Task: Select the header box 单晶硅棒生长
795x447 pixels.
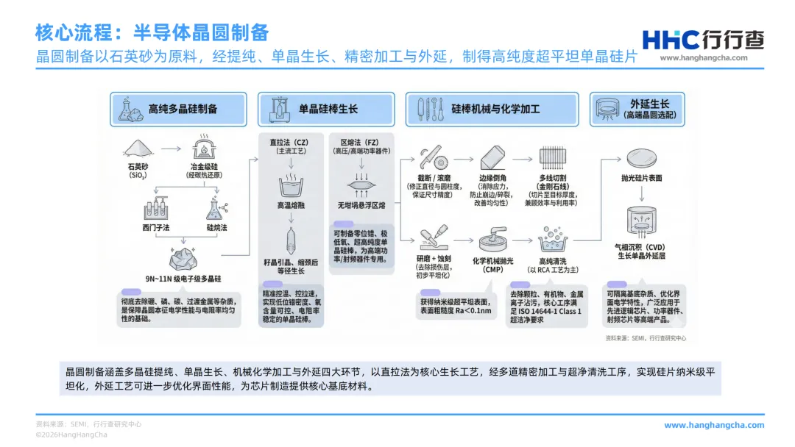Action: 325,109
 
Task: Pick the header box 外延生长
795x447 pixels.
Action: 637,109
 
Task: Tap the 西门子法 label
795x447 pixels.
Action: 156,228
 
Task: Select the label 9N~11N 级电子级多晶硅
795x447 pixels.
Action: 183,280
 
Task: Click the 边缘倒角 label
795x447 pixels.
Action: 492,179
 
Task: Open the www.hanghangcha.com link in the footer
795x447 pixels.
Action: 714,425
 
